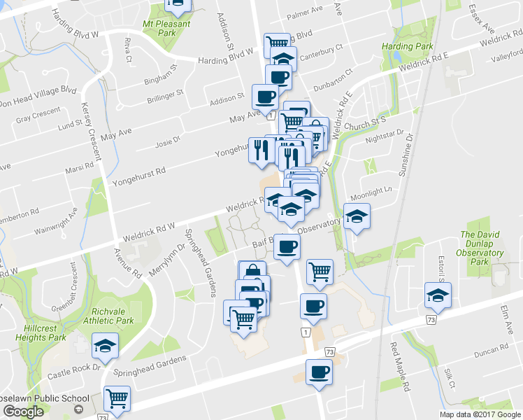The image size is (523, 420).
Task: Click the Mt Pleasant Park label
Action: [x=166, y=29]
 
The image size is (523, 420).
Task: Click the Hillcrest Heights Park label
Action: [x=32, y=332]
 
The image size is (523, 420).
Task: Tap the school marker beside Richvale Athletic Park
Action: [x=106, y=345]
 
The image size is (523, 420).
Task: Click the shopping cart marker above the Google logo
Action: [x=117, y=398]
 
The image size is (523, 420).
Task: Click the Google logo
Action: [x=23, y=412]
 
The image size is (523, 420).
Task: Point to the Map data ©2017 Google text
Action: [x=480, y=414]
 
